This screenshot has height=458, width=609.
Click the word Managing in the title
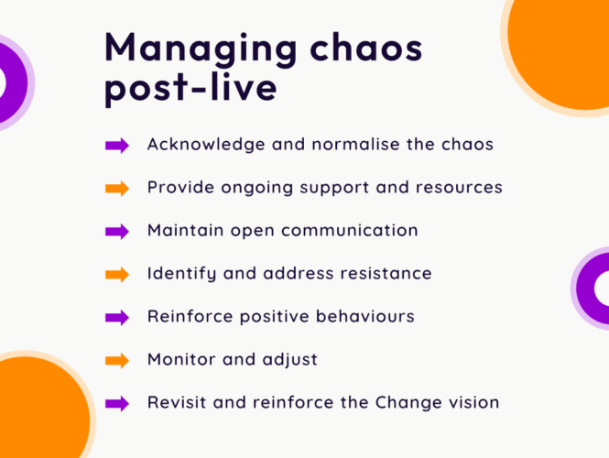pos(201,49)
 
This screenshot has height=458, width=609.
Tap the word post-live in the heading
pos(190,89)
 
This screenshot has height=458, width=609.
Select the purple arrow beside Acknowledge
pos(117,146)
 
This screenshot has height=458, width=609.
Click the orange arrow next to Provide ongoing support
pos(117,189)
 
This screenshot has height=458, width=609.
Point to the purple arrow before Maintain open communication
pos(117,232)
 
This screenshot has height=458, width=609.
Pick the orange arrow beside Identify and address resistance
pos(117,275)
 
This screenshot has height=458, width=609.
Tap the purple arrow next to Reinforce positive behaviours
pos(117,318)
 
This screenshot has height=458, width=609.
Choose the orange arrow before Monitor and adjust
pos(117,361)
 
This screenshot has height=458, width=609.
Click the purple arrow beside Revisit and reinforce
pos(117,404)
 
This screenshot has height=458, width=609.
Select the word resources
pos(459,188)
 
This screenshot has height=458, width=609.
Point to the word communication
pos(350,230)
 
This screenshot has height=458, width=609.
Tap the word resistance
pos(386,273)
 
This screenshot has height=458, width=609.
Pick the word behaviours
pos(365,316)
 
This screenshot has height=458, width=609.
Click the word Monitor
pos(181,359)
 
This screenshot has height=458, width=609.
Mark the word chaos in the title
pos(366,49)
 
